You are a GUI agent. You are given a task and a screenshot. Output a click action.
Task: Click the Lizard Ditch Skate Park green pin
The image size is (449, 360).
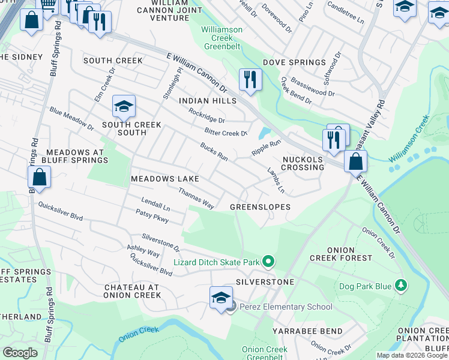268,262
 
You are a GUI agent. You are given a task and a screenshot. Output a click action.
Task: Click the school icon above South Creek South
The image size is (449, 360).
124,107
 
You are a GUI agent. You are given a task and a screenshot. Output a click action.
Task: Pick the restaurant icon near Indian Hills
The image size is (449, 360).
250,79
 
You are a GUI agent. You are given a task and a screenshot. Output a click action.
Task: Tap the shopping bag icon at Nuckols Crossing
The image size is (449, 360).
356,160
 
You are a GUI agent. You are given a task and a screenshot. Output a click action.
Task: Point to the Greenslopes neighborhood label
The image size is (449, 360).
261,207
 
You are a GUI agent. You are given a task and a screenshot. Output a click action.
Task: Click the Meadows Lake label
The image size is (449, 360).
165,179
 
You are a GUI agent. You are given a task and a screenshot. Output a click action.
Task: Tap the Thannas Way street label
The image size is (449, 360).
196,198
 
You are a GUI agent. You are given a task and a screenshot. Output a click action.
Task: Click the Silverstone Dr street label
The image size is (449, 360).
161,242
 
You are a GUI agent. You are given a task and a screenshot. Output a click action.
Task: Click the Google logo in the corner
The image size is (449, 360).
20,353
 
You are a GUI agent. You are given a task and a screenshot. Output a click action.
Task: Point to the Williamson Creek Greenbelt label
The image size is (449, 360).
222,37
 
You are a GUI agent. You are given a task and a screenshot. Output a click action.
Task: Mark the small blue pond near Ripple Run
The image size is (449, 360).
265,133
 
